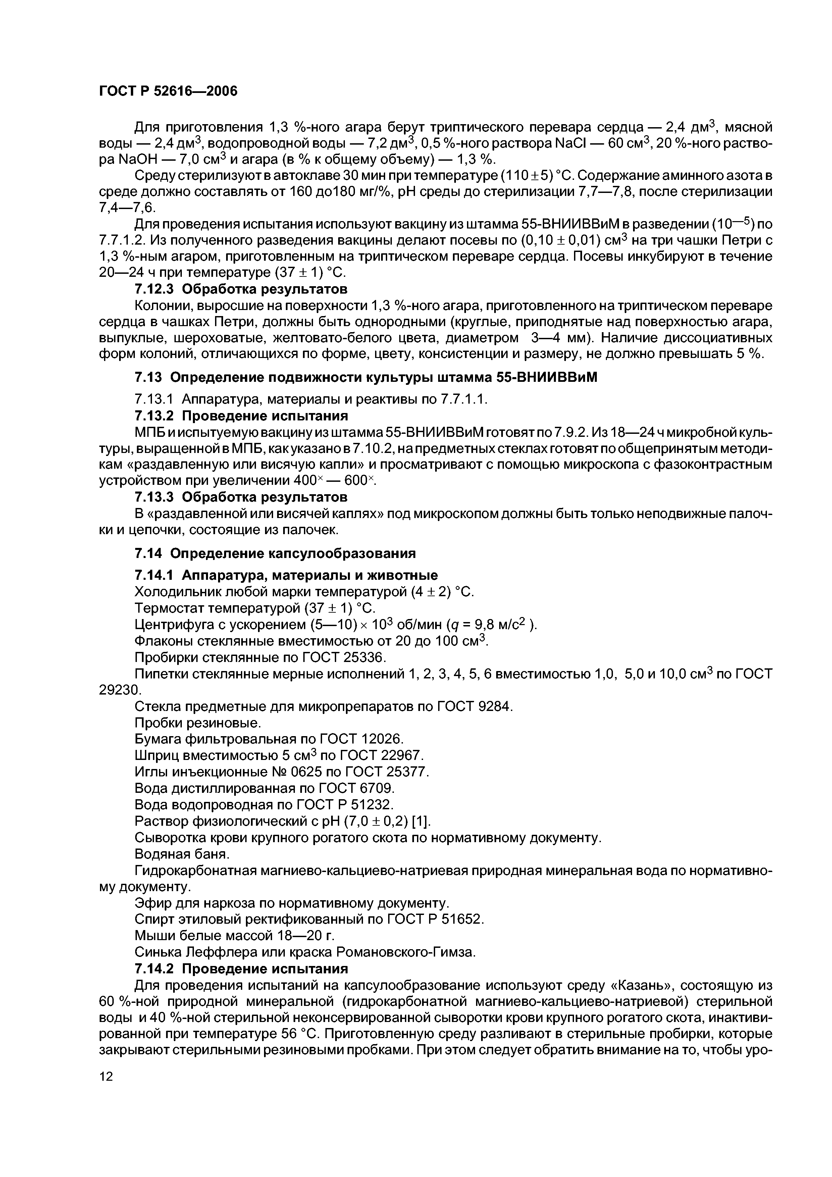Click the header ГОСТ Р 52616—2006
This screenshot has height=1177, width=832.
coord(168,91)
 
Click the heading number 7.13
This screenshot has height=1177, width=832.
coord(148,377)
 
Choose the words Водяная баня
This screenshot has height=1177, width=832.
coord(182,854)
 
